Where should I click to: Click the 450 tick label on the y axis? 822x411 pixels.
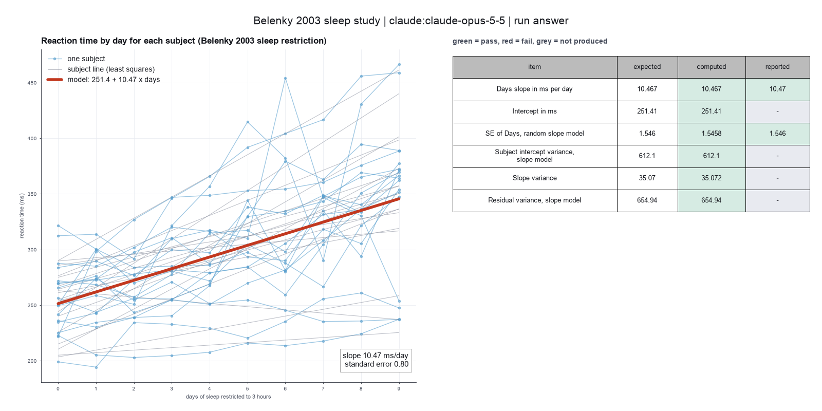click(32, 83)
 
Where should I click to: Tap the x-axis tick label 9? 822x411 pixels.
click(399, 388)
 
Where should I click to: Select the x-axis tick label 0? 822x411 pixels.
click(58, 388)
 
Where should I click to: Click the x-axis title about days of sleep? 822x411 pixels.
click(228, 397)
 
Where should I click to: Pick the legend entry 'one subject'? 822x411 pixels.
click(86, 59)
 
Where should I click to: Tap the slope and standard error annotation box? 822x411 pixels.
click(376, 360)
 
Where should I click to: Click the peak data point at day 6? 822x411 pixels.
click(285, 79)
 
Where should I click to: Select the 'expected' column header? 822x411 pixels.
click(647, 67)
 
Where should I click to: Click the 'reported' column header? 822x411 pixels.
click(777, 67)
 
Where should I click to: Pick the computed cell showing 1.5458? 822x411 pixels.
click(711, 134)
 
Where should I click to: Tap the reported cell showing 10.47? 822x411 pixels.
click(777, 89)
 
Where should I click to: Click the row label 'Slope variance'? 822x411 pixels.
click(534, 178)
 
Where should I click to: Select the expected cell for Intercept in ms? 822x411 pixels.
click(647, 111)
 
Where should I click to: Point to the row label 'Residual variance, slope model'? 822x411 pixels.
click(534, 200)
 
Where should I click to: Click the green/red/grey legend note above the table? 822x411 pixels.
click(530, 41)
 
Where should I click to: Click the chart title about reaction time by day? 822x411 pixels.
click(184, 41)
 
